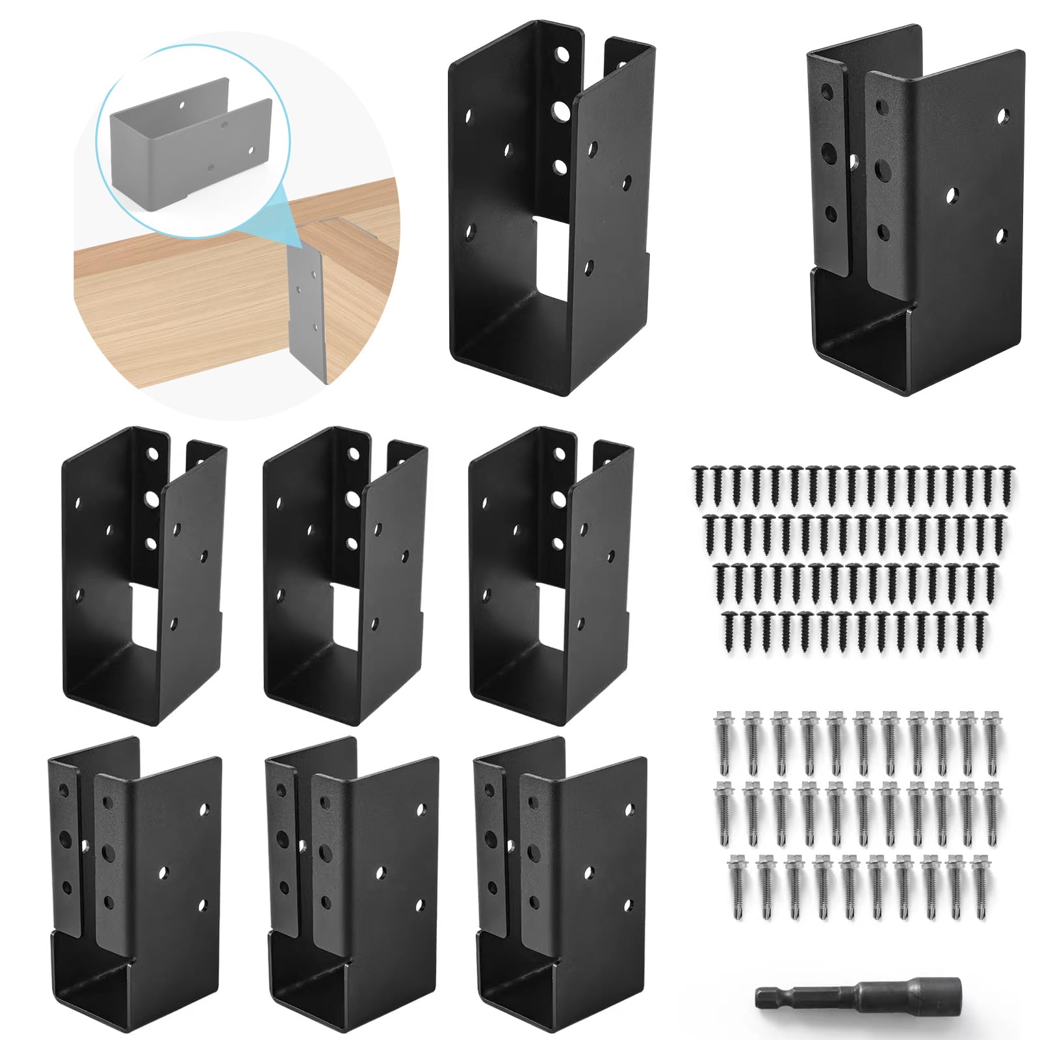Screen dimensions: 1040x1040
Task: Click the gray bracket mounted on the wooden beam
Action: [x=306, y=305]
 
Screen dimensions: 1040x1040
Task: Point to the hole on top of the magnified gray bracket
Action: [x=183, y=104]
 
